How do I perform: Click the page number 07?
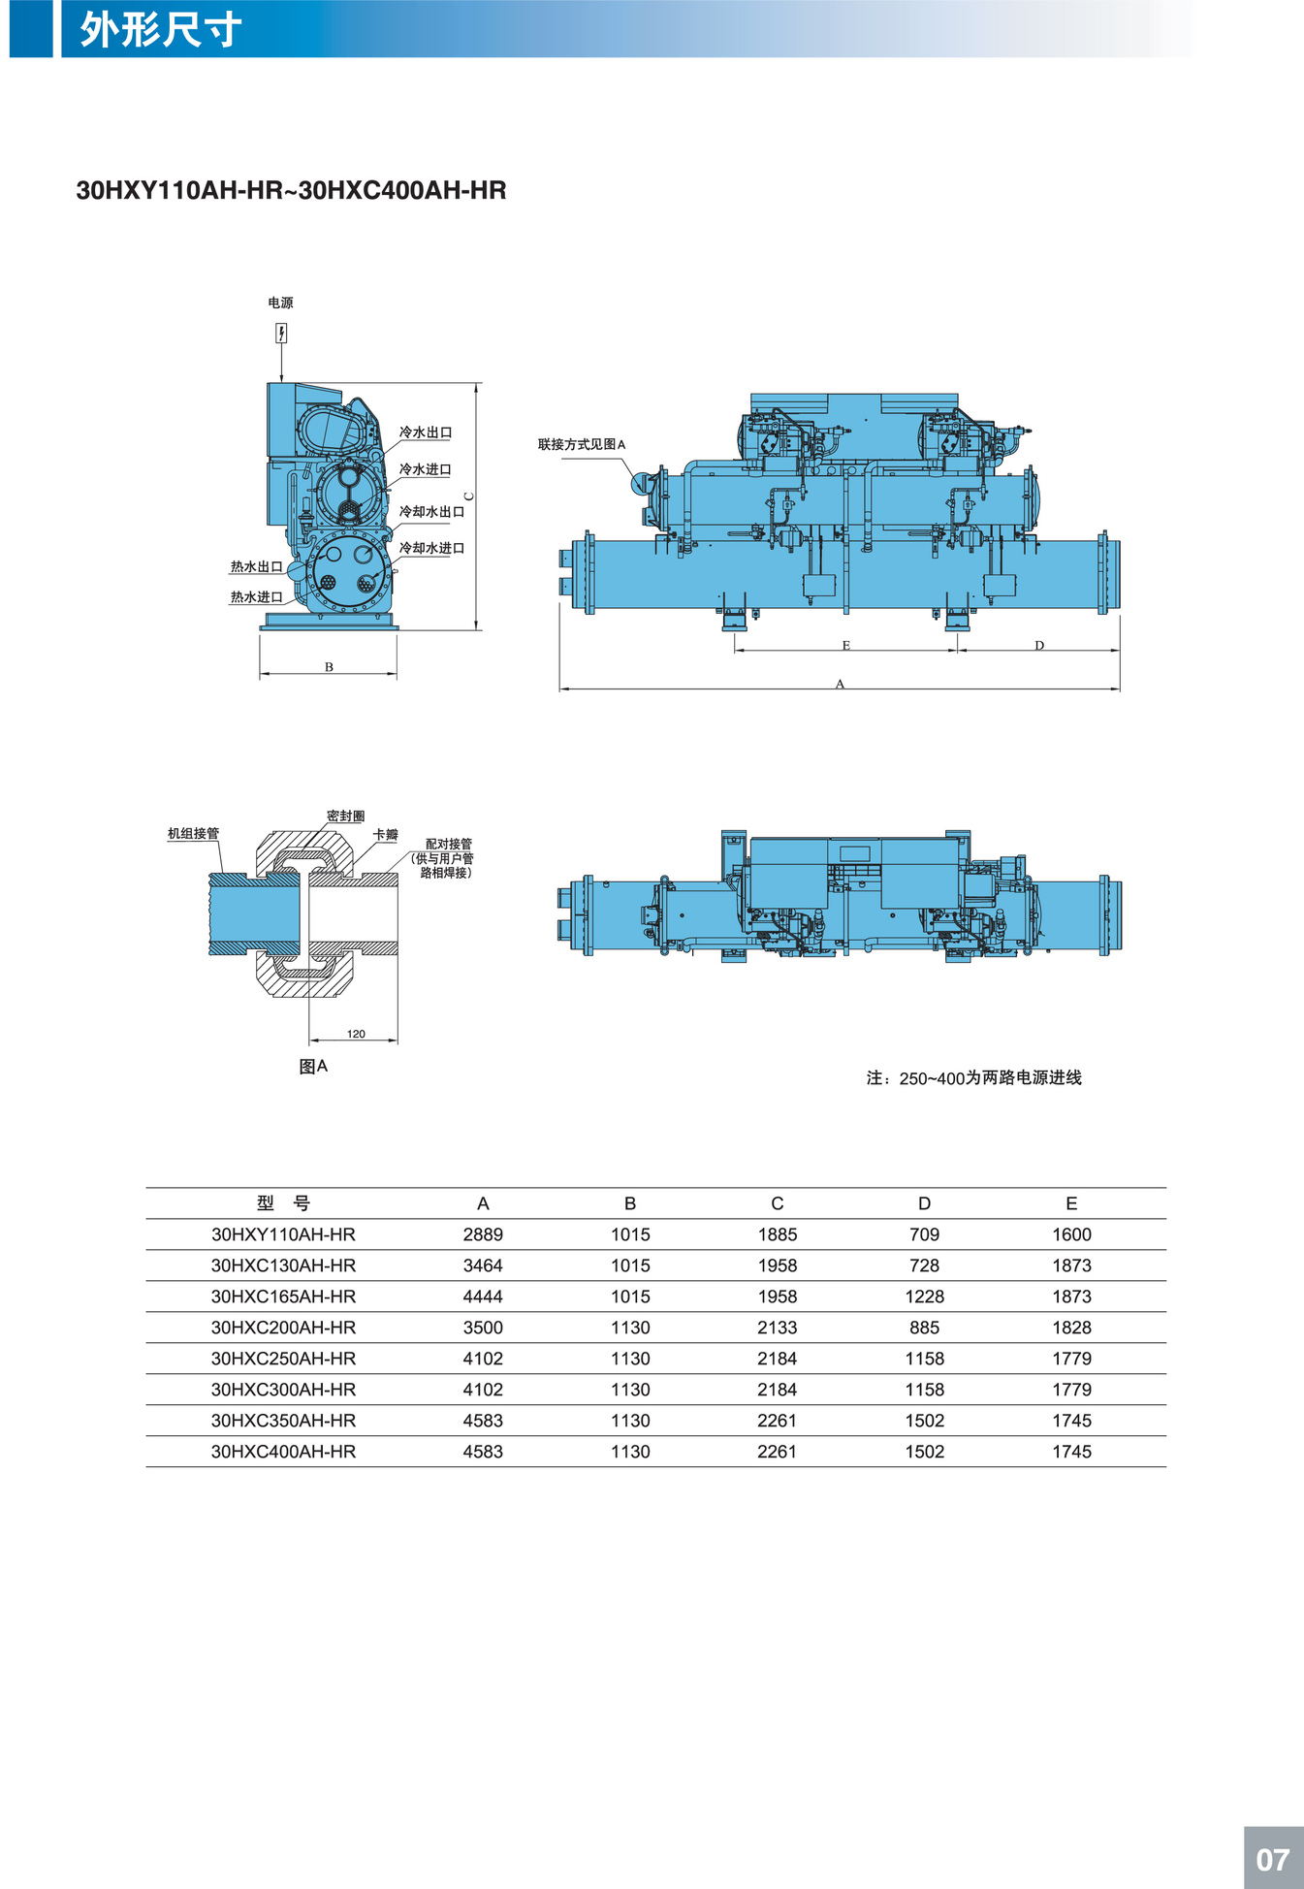tap(1272, 1859)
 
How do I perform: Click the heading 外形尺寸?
tap(161, 30)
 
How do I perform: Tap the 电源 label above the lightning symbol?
tap(280, 303)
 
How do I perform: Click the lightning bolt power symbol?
tap(281, 334)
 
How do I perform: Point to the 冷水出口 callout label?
tap(426, 432)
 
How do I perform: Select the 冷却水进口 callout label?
tap(432, 548)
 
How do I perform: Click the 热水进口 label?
tap(256, 596)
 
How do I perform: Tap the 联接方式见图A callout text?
tap(582, 444)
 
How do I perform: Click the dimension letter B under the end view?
tap(329, 667)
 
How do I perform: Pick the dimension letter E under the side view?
tap(846, 645)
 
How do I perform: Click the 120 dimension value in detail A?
tap(356, 1034)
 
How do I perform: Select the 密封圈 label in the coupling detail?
tap(346, 816)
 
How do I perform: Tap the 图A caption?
tap(313, 1066)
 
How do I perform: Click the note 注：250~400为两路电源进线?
tap(973, 1077)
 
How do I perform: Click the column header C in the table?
tap(778, 1203)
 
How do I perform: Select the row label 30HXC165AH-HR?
tap(283, 1297)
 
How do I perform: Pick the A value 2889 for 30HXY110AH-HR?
tap(483, 1234)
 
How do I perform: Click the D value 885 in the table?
tap(925, 1328)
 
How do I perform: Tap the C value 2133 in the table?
tap(778, 1328)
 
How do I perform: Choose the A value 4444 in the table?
tap(483, 1297)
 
